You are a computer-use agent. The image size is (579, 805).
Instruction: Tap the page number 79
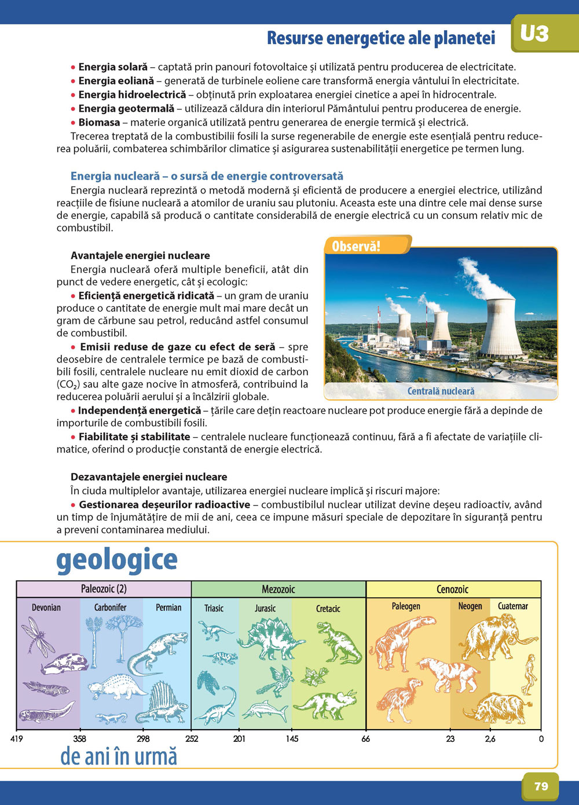[541, 786]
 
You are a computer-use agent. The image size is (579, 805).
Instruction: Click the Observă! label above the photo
[356, 246]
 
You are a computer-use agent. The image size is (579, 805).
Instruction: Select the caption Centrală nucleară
[441, 391]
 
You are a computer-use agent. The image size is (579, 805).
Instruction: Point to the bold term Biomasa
[100, 122]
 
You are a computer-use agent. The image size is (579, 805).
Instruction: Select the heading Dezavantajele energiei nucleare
[149, 477]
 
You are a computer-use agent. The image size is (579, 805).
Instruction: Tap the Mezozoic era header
[278, 589]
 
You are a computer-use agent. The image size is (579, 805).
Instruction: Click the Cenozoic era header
[452, 589]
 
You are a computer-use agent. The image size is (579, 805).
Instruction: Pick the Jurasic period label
[265, 608]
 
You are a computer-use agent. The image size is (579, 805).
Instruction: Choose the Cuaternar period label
[513, 606]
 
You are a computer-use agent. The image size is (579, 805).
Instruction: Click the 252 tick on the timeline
[192, 738]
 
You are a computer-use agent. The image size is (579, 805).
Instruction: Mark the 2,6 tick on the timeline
[490, 738]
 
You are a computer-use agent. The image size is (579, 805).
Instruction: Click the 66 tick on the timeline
[366, 738]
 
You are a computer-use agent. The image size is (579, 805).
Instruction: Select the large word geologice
[117, 560]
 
